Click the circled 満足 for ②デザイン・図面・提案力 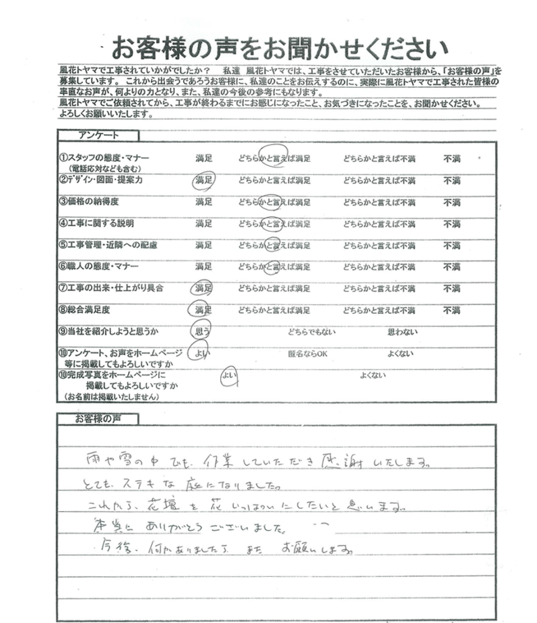click(203, 181)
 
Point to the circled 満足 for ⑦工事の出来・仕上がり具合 click(203, 288)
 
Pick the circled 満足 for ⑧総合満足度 click(203, 310)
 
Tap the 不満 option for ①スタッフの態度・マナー click(452, 159)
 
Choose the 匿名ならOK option click(308, 353)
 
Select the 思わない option click(399, 331)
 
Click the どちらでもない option click(311, 331)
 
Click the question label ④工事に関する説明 click(96, 223)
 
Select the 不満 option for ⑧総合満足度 click(452, 310)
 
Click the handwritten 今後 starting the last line click(113, 549)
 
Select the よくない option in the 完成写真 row click(373, 375)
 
